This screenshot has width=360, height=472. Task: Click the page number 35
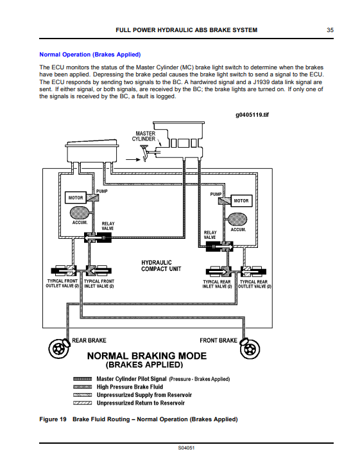pos(330,30)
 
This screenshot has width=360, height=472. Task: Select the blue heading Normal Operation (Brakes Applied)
pos(90,55)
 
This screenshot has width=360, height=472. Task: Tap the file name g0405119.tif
pos(252,115)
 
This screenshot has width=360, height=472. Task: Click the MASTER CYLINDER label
pos(144,136)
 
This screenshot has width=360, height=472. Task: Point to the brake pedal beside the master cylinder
pos(144,153)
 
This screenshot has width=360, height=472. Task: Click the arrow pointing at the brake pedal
pos(133,159)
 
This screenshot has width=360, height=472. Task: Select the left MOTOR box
pos(76,198)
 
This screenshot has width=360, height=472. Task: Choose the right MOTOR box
pos(241,201)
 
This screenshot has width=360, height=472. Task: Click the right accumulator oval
pos(237,219)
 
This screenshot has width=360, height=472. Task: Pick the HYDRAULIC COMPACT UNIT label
pos(161,266)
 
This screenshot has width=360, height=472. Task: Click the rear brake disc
pos(58,349)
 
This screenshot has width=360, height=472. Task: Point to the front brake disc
pos(250,349)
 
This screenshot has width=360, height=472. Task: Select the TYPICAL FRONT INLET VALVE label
pos(99,284)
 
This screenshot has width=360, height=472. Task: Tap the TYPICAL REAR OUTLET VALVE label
pos(254,284)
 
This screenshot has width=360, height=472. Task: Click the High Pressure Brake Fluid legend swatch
pos(82,387)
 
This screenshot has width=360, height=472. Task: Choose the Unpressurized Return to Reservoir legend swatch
pos(82,403)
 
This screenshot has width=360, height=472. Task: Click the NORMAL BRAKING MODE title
pos(147,356)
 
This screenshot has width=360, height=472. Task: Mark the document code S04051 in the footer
pos(186,448)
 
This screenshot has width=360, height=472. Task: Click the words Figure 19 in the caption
pos(53,419)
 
